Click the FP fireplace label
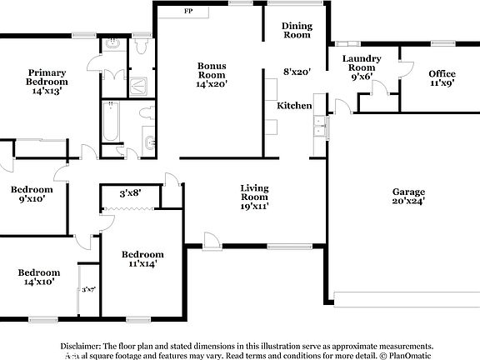coord(188,12)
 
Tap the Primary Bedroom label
coord(47,77)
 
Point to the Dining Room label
coord(296,30)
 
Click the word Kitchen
coord(294,106)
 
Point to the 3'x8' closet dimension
coord(130,193)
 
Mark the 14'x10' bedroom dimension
coord(39,282)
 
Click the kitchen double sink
coord(318,127)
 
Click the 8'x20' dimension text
coord(297,72)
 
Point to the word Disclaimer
coord(80,345)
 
